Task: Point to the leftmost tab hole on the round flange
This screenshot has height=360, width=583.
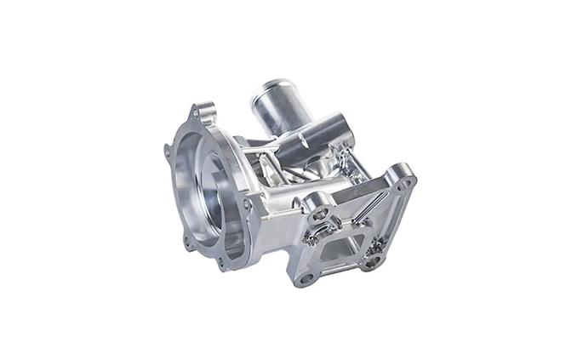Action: [x=167, y=151]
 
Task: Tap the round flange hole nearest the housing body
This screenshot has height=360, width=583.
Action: [x=247, y=204]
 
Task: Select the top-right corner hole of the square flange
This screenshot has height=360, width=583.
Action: [x=403, y=181]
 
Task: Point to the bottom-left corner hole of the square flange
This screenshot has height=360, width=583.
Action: [x=305, y=277]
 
